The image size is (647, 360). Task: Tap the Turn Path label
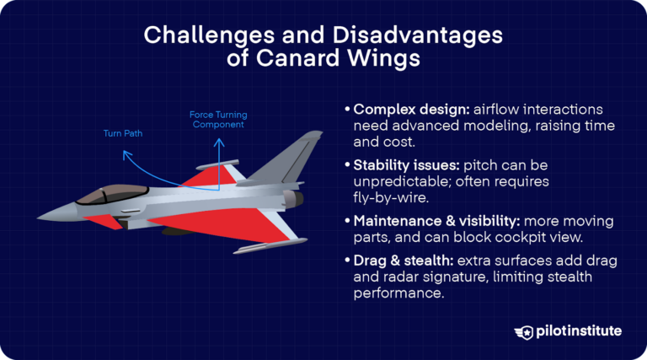pyautogui.click(x=123, y=133)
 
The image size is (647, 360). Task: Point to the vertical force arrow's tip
pyautogui.click(x=217, y=134)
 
